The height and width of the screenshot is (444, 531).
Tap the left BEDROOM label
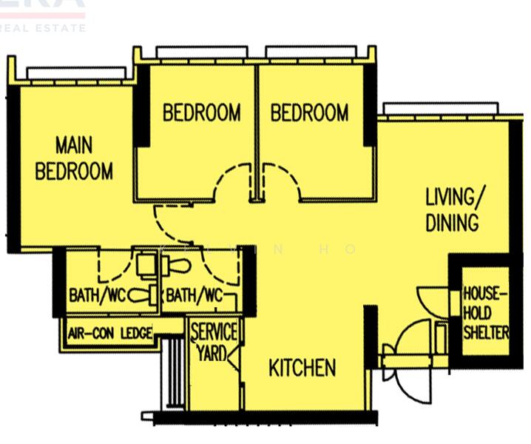201,112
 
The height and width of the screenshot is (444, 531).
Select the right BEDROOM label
309,112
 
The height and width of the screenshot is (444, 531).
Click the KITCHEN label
302,368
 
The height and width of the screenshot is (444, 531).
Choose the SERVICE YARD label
214,341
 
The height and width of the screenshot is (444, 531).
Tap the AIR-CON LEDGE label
110,334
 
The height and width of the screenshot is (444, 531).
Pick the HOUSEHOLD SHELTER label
486,313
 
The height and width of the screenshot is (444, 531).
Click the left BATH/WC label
98,296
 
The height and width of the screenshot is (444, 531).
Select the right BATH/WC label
195,296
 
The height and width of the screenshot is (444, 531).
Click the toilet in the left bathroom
141,295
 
